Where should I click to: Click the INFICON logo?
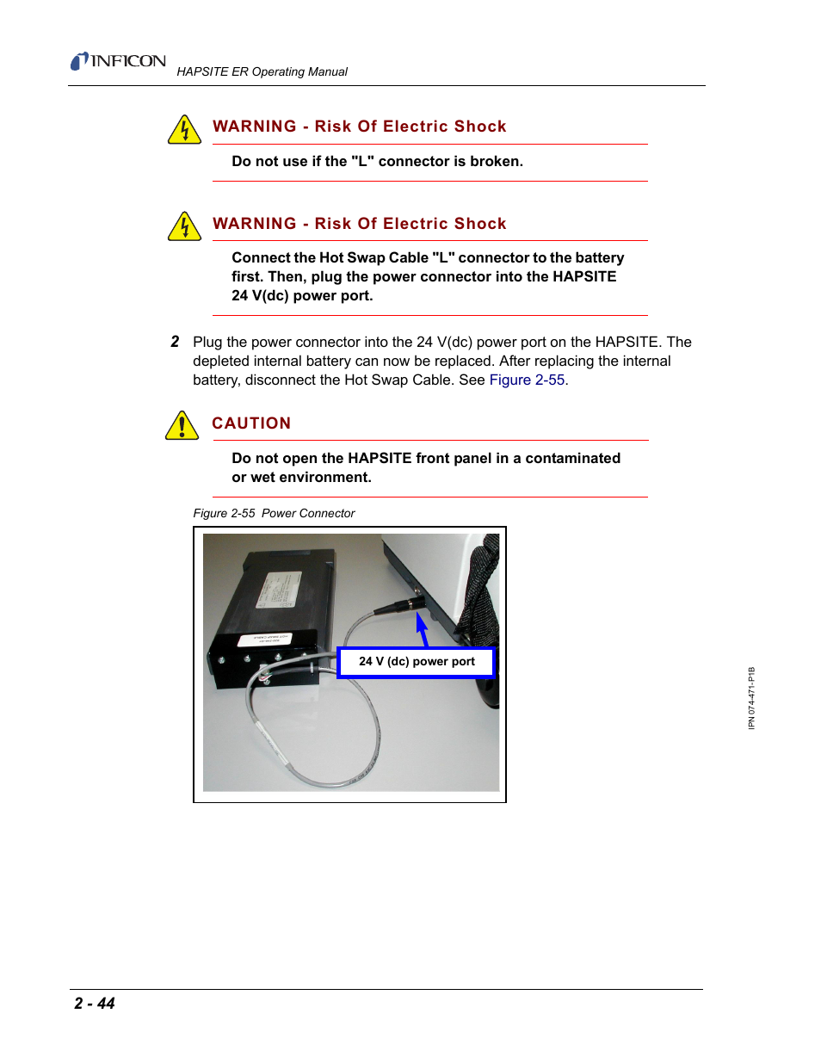pyautogui.click(x=118, y=61)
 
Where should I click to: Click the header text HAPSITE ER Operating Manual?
pyautogui.click(x=262, y=71)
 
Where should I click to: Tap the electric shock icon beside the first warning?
pyautogui.click(x=184, y=130)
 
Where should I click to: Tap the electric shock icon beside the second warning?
pyautogui.click(x=184, y=226)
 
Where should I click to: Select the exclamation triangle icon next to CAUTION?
pyautogui.click(x=182, y=425)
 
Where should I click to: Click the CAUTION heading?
pyautogui.click(x=251, y=423)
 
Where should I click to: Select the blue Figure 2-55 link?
pyautogui.click(x=527, y=380)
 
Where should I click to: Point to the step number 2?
pyautogui.click(x=175, y=342)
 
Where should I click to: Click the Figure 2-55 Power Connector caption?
pyautogui.click(x=274, y=514)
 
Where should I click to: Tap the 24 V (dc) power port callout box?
pyautogui.click(x=417, y=662)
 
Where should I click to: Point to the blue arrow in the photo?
pyautogui.click(x=422, y=629)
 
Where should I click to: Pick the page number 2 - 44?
pyautogui.click(x=95, y=1004)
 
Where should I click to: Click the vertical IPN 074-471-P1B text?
pyautogui.click(x=751, y=698)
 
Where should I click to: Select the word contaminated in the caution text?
pyautogui.click(x=572, y=459)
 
